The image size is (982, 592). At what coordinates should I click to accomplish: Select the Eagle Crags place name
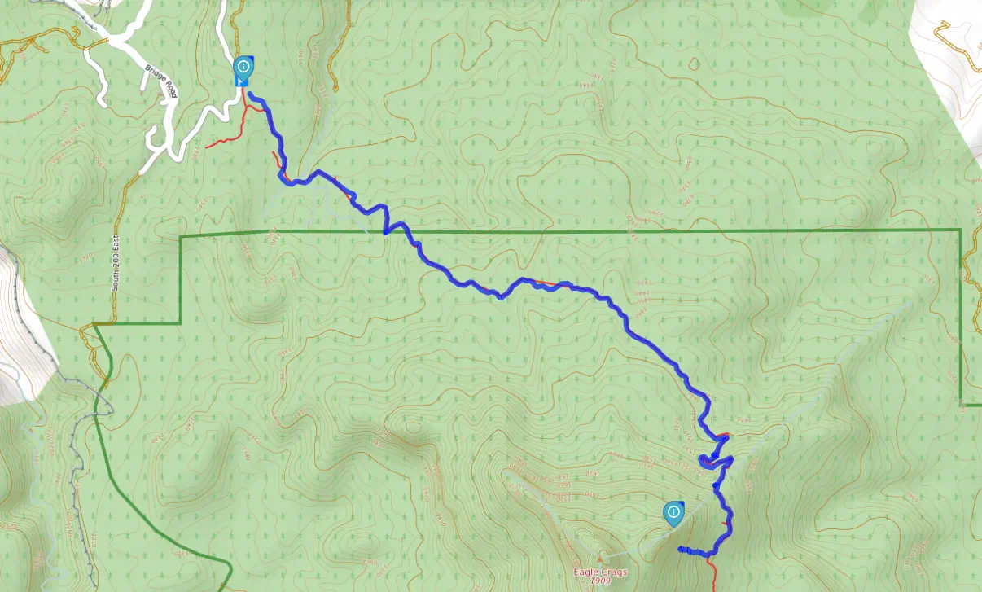pyautogui.click(x=600, y=572)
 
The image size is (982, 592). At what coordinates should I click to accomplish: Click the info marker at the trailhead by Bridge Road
pyautogui.click(x=243, y=67)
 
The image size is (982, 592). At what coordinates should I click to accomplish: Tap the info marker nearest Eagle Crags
pyautogui.click(x=673, y=512)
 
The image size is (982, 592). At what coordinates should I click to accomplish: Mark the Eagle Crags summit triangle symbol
pyautogui.click(x=601, y=559)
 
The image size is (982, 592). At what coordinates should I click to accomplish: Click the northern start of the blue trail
pyautogui.click(x=250, y=96)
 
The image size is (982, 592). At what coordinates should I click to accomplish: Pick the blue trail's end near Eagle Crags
pyautogui.click(x=679, y=550)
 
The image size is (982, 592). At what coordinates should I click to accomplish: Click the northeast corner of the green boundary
pyautogui.click(x=961, y=230)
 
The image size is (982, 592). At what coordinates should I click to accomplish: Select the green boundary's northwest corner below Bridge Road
pyautogui.click(x=181, y=237)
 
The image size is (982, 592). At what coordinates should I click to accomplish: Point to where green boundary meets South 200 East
pyautogui.click(x=95, y=324)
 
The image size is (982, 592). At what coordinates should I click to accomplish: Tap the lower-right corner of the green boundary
pyautogui.click(x=962, y=404)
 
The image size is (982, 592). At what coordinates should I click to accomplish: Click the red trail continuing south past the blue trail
pyautogui.click(x=713, y=574)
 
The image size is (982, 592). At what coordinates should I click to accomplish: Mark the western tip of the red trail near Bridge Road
pyautogui.click(x=207, y=147)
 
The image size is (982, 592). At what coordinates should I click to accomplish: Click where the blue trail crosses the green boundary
pyautogui.click(x=384, y=232)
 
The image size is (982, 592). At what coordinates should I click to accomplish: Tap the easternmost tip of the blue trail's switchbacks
pyautogui.click(x=732, y=459)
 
